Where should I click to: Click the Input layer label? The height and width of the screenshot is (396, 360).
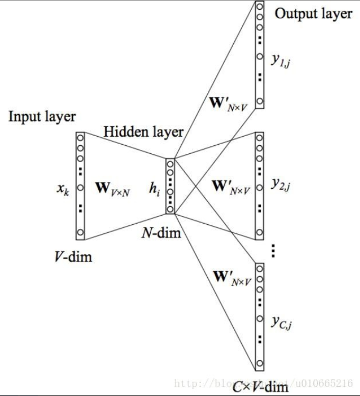42,116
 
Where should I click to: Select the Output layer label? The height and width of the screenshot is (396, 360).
313,14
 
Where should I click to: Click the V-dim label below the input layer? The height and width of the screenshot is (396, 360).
73,256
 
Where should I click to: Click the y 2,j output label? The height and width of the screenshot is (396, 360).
280,185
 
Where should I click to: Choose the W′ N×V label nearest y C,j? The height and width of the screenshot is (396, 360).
229,278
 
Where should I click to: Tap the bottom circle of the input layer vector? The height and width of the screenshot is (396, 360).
80,233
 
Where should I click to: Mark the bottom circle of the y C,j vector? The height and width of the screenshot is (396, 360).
260,363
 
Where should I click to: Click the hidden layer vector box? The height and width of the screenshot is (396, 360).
170,186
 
